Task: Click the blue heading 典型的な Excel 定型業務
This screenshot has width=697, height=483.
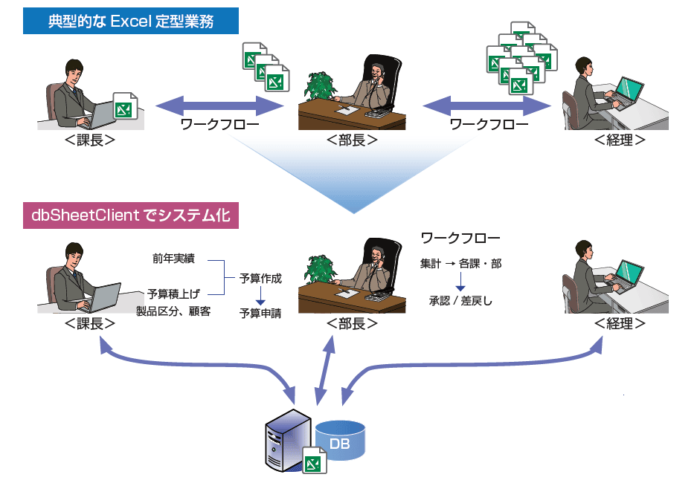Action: point(131,21)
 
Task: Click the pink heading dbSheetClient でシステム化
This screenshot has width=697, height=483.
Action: point(131,215)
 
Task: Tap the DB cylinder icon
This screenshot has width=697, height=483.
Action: point(341,439)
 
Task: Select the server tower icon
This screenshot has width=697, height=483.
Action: point(287,441)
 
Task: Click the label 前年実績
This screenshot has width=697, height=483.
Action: point(173,259)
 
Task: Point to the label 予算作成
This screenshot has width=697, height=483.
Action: point(260,279)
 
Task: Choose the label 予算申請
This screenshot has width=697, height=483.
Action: point(260,314)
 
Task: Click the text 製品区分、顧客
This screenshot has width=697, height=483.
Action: point(173,311)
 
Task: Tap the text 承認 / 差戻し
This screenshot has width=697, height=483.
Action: point(460,301)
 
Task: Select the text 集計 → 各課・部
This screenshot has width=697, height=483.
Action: point(460,264)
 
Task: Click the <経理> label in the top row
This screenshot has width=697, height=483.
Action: point(620,140)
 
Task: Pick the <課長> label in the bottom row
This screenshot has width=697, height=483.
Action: point(90,324)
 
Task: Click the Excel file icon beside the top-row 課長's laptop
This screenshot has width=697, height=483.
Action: point(126,106)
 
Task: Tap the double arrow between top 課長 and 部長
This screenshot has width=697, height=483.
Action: point(219,106)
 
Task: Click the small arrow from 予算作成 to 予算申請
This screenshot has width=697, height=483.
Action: point(260,296)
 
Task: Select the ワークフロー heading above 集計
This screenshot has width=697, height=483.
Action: point(460,238)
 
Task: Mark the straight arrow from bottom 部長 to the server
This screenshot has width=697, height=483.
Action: point(325,370)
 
